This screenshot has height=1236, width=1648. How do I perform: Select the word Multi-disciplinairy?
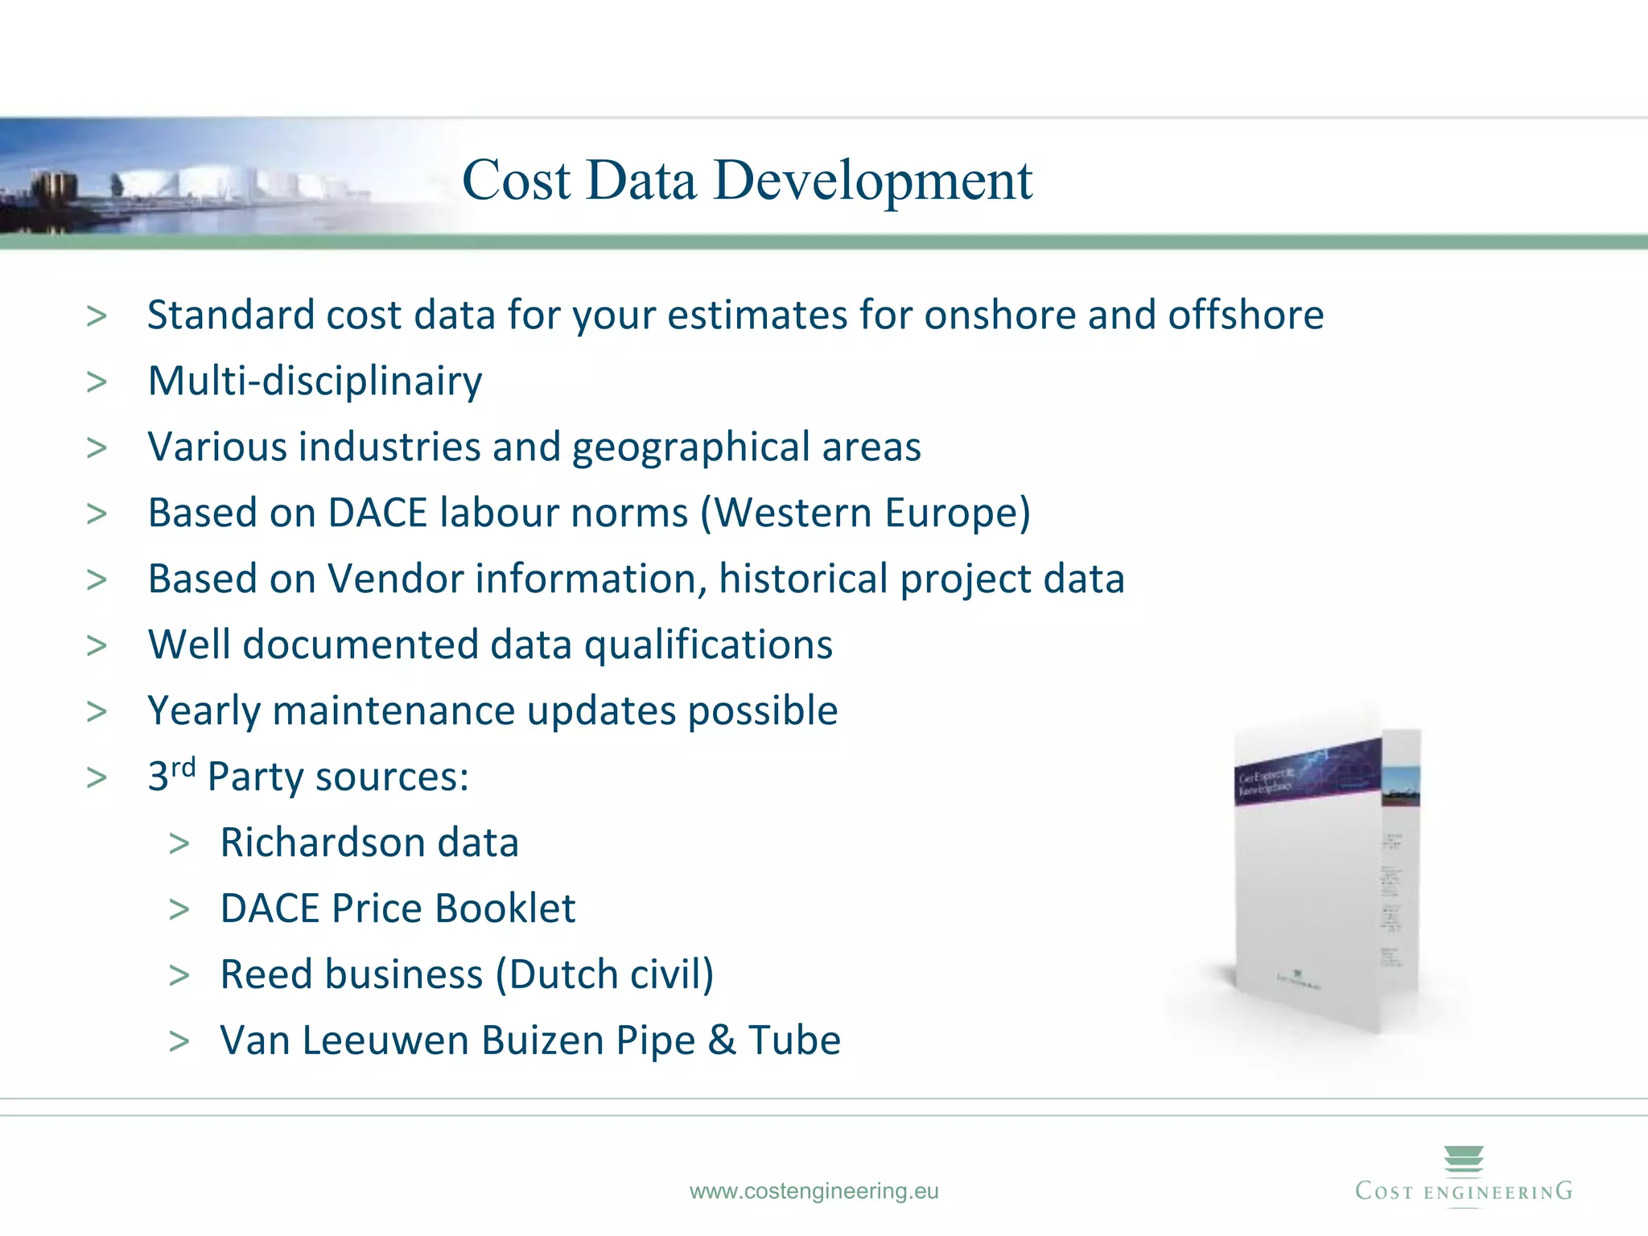[315, 381]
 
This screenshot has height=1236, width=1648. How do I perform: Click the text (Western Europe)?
[865, 513]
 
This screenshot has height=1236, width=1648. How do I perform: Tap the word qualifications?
[708, 645]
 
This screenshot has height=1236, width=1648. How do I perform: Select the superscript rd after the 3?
[183, 767]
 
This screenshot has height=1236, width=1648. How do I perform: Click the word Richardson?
[322, 843]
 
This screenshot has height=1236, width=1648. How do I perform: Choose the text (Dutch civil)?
[604, 975]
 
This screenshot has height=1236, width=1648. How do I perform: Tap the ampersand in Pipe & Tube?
[722, 1041]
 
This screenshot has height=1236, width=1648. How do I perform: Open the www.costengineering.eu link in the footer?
[814, 1191]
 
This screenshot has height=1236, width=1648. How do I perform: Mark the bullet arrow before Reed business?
[179, 975]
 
